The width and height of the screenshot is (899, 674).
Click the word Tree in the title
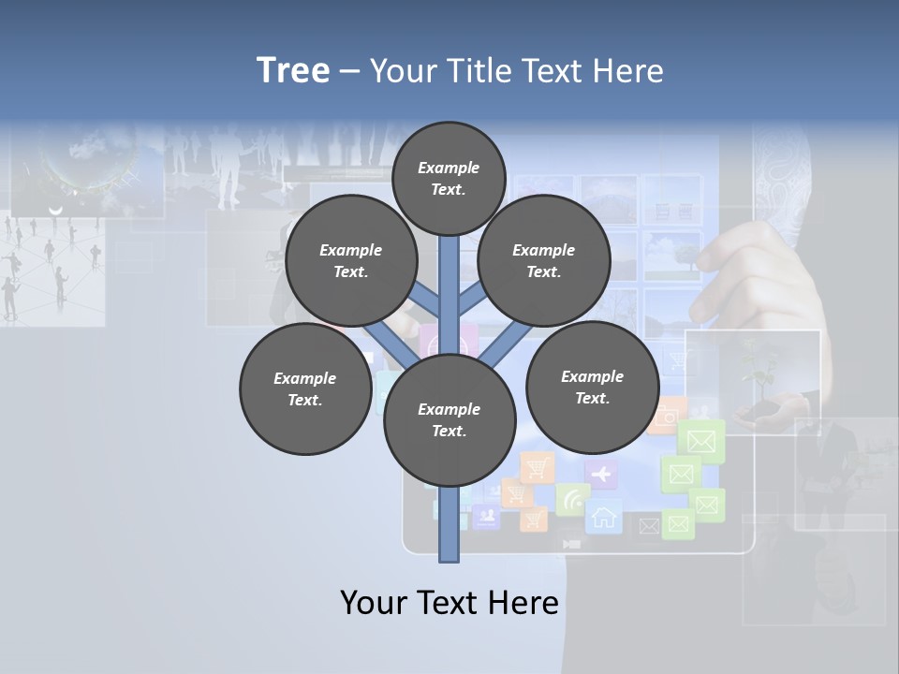pyautogui.click(x=293, y=70)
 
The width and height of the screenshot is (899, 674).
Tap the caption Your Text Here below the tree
pyautogui.click(x=449, y=603)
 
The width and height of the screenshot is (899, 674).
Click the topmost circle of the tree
pyautogui.click(x=449, y=178)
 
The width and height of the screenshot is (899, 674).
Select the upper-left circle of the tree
pyautogui.click(x=350, y=260)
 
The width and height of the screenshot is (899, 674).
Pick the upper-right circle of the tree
pyautogui.click(x=543, y=260)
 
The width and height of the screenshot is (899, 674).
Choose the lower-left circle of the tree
pyautogui.click(x=304, y=388)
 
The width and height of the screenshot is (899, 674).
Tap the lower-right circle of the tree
pyautogui.click(x=592, y=387)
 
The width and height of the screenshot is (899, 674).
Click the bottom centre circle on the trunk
pyautogui.click(x=449, y=419)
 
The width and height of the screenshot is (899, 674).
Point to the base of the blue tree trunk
pyautogui.click(x=449, y=552)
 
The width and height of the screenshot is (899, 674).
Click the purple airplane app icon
pyautogui.click(x=601, y=475)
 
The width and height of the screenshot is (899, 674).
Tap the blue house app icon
pyautogui.click(x=604, y=517)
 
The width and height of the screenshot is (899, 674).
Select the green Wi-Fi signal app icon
pyautogui.click(x=571, y=499)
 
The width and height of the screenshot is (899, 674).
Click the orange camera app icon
pyautogui.click(x=666, y=417)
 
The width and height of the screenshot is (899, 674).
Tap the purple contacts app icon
pyautogui.click(x=485, y=515)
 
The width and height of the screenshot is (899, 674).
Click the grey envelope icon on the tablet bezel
pyautogui.click(x=648, y=527)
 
